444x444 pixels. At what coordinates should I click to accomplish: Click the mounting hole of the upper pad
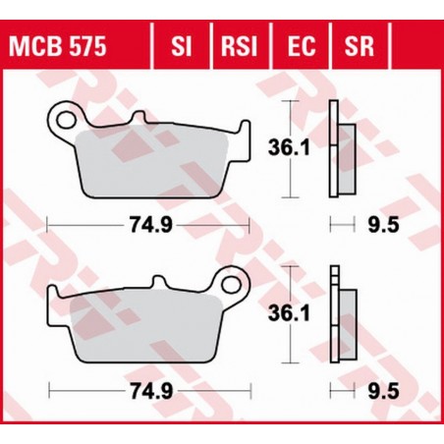click(67, 120)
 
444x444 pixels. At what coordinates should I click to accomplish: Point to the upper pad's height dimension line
click(291, 150)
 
